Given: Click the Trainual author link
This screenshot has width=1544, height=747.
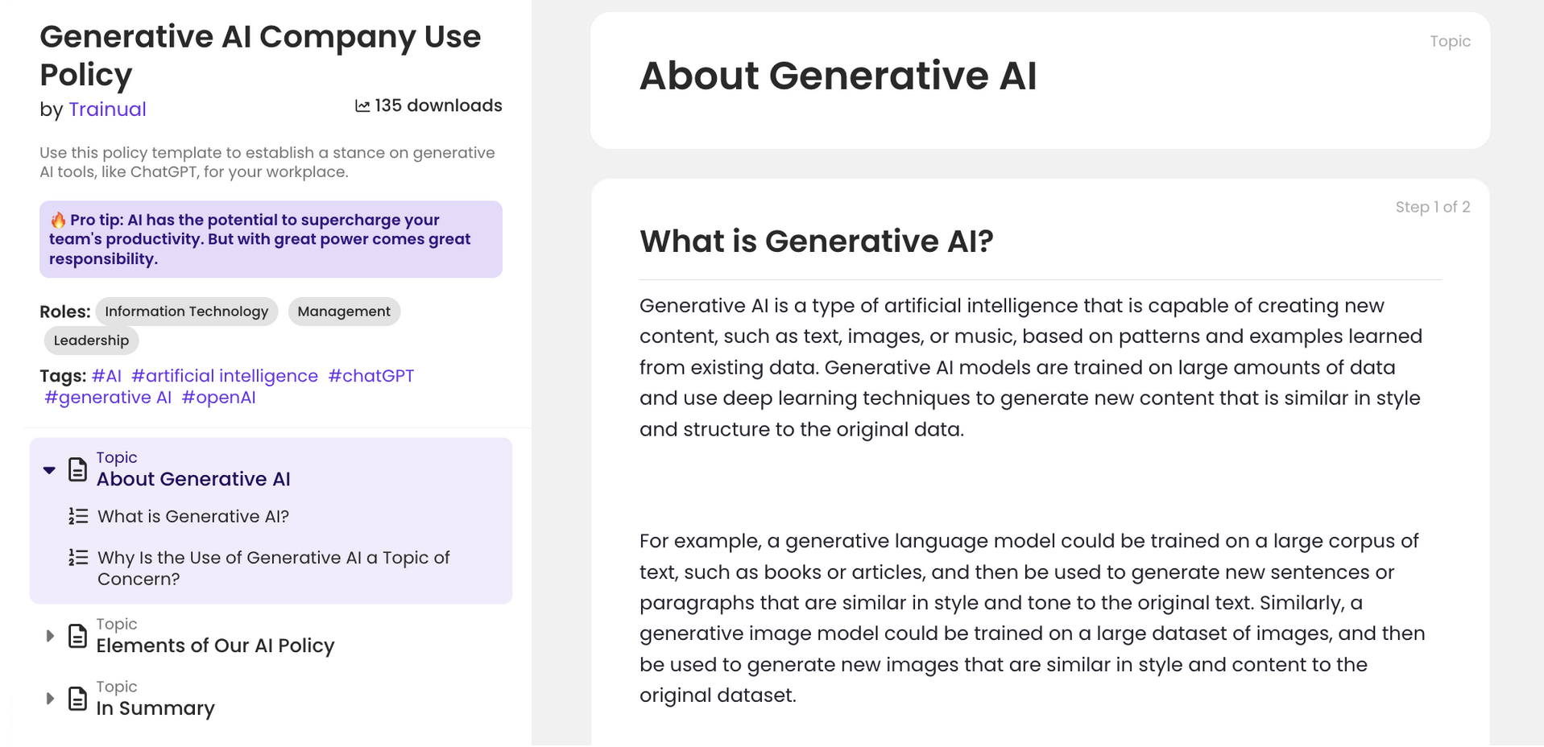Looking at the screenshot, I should pos(107,109).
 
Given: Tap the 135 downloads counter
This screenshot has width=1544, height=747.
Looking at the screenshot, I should pos(428,106).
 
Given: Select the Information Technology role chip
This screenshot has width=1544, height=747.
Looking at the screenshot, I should pos(186,312).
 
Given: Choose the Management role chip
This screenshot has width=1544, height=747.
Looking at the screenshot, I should pos(344,312).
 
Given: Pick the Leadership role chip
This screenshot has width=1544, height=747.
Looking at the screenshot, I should pos(91,340).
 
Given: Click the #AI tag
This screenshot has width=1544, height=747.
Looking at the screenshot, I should pos(106,376).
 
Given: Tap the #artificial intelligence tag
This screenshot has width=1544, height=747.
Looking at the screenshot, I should pos(225,376).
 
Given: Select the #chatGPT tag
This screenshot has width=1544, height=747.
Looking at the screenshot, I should pos(371,376).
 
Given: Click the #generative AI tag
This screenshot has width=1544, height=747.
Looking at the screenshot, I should pos(108,398).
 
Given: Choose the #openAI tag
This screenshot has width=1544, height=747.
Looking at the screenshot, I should pos(218,398).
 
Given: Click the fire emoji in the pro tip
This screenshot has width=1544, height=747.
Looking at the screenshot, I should pos(58,221).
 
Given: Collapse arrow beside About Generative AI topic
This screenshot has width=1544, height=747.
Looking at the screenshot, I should pos(49,470).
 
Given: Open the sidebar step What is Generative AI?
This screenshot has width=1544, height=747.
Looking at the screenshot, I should pos(193,517).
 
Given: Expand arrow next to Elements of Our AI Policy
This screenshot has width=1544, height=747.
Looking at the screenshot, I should pos(50,636).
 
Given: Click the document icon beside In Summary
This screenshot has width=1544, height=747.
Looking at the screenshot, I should pos(77,699).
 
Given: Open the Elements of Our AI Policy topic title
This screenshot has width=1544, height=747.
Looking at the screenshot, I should pos(215,646).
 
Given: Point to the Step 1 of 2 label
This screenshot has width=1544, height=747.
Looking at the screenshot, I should pos(1432,207).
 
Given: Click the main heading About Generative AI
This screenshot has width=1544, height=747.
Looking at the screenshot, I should pos(838,76).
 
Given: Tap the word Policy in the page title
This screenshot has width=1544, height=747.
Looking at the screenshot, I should pos(86,75).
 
